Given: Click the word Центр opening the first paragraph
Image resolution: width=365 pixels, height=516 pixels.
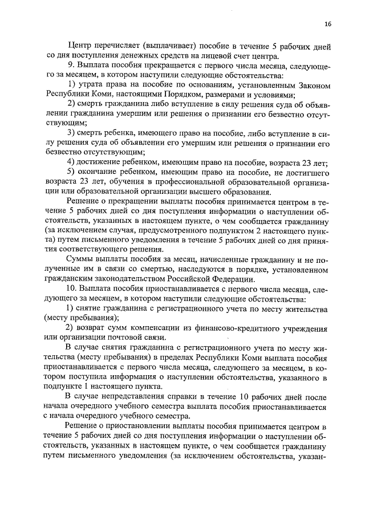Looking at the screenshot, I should point(79,45).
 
